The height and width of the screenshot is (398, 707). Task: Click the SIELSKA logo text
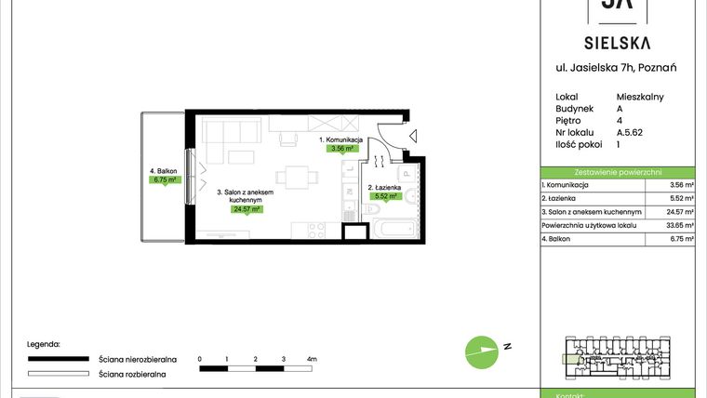point(618,42)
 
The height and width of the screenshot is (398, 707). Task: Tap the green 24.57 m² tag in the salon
point(247,209)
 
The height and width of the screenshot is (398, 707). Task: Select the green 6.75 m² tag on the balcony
point(164,179)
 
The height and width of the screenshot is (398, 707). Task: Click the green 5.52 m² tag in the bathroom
point(385,196)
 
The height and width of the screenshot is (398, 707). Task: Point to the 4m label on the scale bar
point(312,358)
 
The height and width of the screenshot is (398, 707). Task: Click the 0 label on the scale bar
point(200,358)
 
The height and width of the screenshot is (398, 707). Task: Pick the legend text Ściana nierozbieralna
point(132,358)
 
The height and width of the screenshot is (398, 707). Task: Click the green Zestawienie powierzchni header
point(618,172)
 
